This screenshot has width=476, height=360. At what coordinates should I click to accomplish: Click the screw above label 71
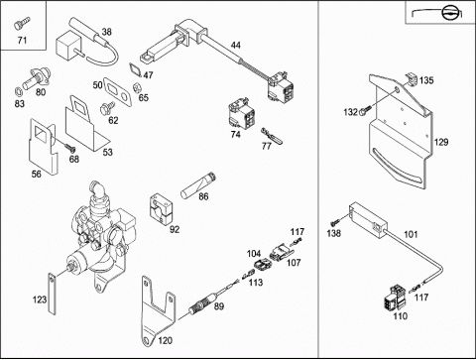[x=22, y=24]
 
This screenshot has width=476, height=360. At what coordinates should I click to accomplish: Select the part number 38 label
[x=106, y=32]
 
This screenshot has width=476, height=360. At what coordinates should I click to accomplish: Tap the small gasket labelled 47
[x=135, y=69]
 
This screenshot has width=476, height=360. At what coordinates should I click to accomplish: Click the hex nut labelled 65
[x=136, y=87]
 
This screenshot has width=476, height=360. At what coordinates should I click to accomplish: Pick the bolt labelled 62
[x=107, y=108]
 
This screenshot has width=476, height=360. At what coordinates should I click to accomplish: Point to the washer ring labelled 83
[x=19, y=90]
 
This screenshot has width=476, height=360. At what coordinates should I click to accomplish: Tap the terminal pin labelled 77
[x=272, y=136]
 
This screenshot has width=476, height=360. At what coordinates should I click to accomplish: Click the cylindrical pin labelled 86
[x=198, y=185]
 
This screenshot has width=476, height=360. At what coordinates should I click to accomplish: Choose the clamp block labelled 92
[x=162, y=207]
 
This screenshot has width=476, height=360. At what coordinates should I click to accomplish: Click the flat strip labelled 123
[x=53, y=294]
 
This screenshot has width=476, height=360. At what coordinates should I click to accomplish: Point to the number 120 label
[x=165, y=340]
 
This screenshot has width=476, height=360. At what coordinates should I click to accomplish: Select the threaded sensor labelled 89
[x=202, y=303]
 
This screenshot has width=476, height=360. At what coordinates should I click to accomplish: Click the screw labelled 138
[x=335, y=220]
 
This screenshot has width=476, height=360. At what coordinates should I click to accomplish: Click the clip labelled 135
[x=412, y=80]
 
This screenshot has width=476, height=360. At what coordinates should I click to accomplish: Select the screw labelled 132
[x=366, y=110]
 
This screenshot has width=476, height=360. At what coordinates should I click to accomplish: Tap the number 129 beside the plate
[x=441, y=142]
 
